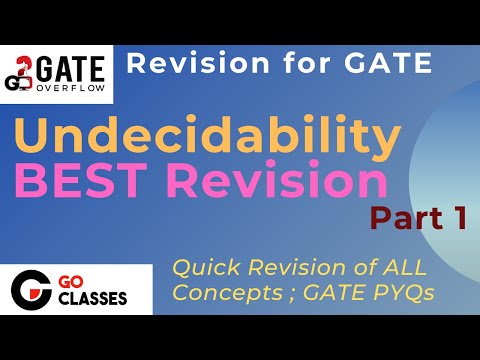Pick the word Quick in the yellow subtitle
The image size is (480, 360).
(x=202, y=267)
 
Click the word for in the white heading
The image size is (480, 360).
(x=285, y=64)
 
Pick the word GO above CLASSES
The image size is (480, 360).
(x=85, y=285)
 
